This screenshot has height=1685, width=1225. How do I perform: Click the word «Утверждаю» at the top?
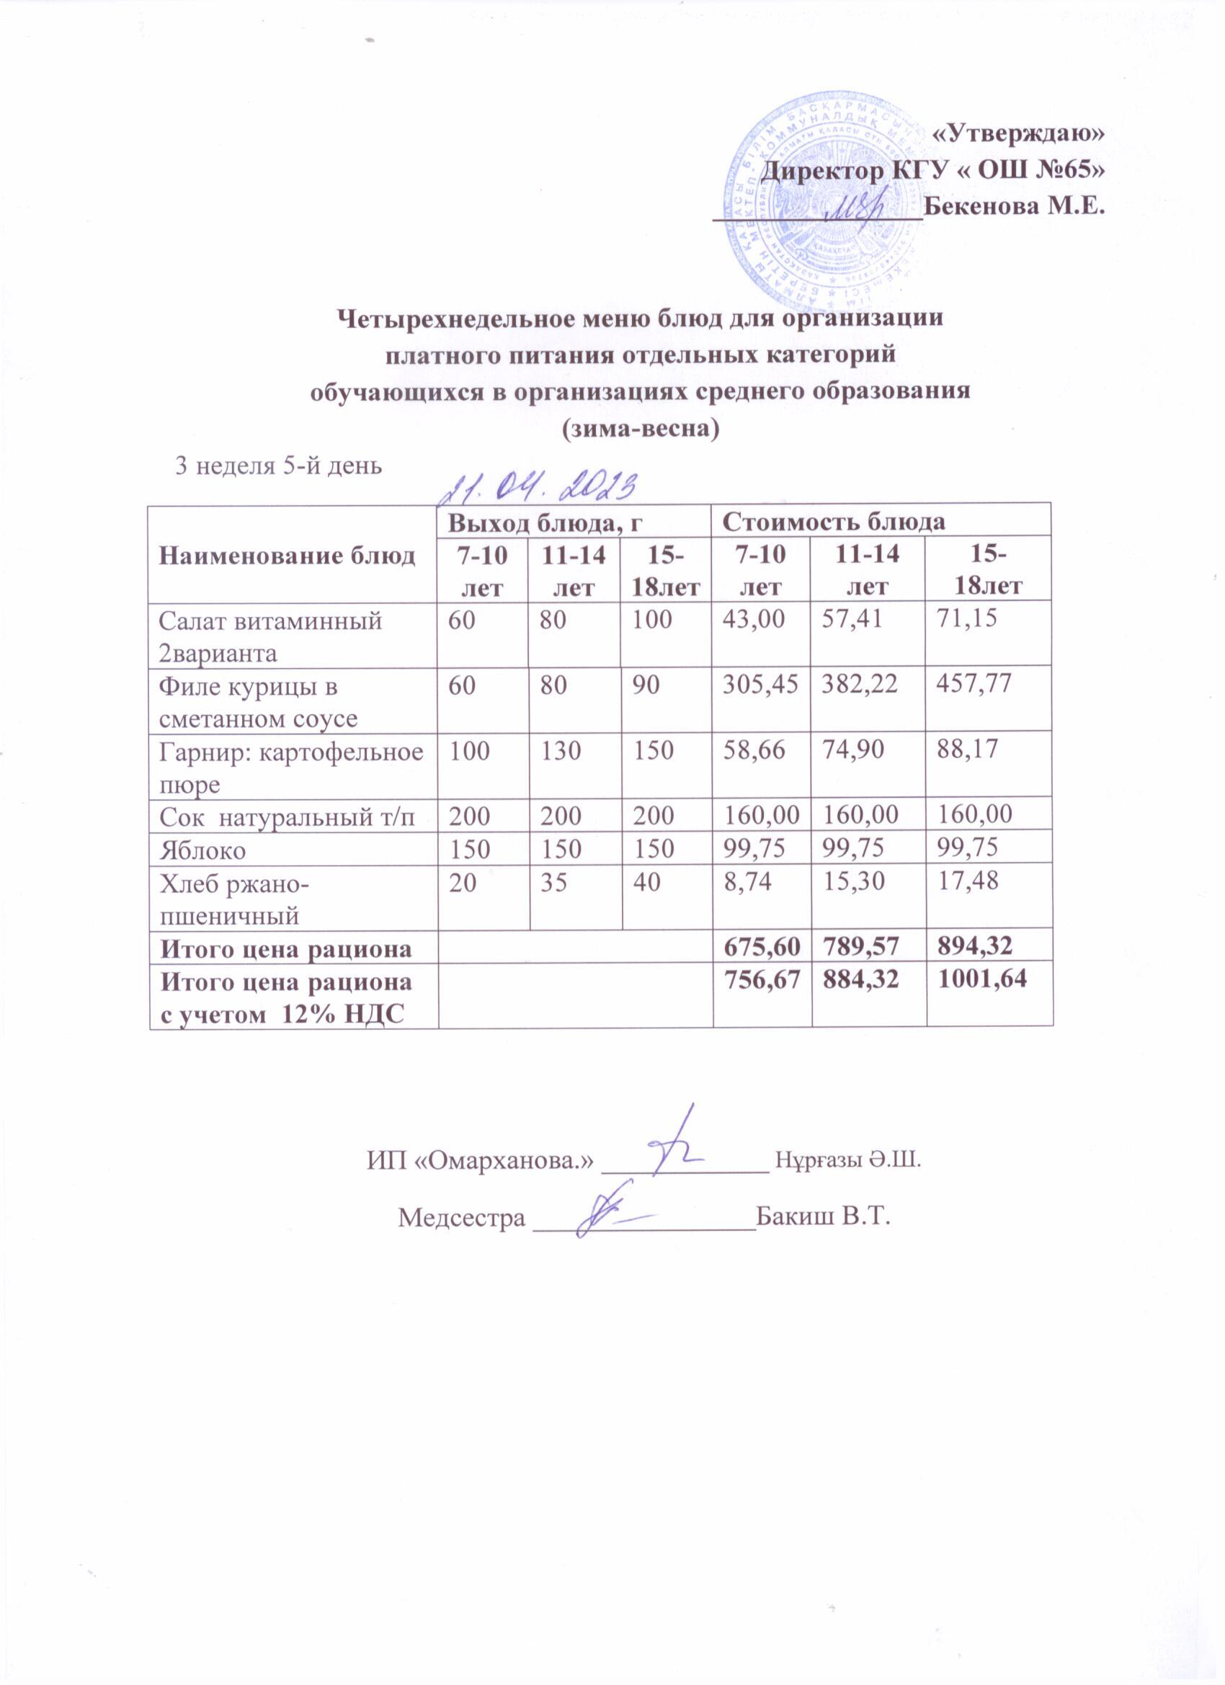pyautogui.click(x=1017, y=133)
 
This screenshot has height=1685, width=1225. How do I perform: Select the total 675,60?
pyautogui.click(x=757, y=947)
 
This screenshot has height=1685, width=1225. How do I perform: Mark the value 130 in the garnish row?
pyautogui.click(x=561, y=750)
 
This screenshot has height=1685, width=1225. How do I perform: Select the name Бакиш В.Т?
pyautogui.click(x=822, y=1217)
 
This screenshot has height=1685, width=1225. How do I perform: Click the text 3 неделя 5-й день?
pyautogui.click(x=278, y=466)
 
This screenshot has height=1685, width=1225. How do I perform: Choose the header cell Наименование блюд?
pyautogui.click(x=288, y=556)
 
